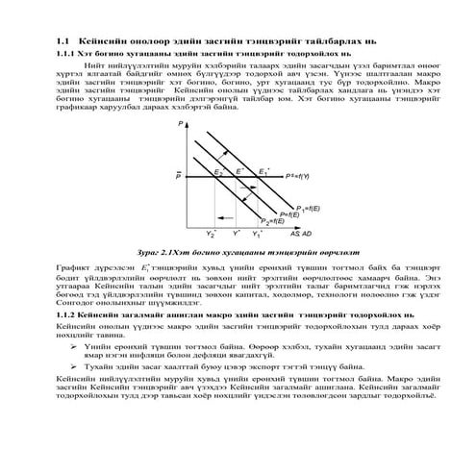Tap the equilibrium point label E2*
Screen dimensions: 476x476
pyautogui.click(x=219, y=171)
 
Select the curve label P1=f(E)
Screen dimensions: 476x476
pyautogui.click(x=308, y=208)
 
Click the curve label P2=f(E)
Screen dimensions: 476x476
pyautogui.click(x=268, y=222)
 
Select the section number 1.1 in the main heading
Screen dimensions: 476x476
pyautogui.click(x=65, y=41)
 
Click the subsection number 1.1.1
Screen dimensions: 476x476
pyautogui.click(x=70, y=55)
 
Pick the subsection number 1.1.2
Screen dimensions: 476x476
pyautogui.click(x=70, y=314)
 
